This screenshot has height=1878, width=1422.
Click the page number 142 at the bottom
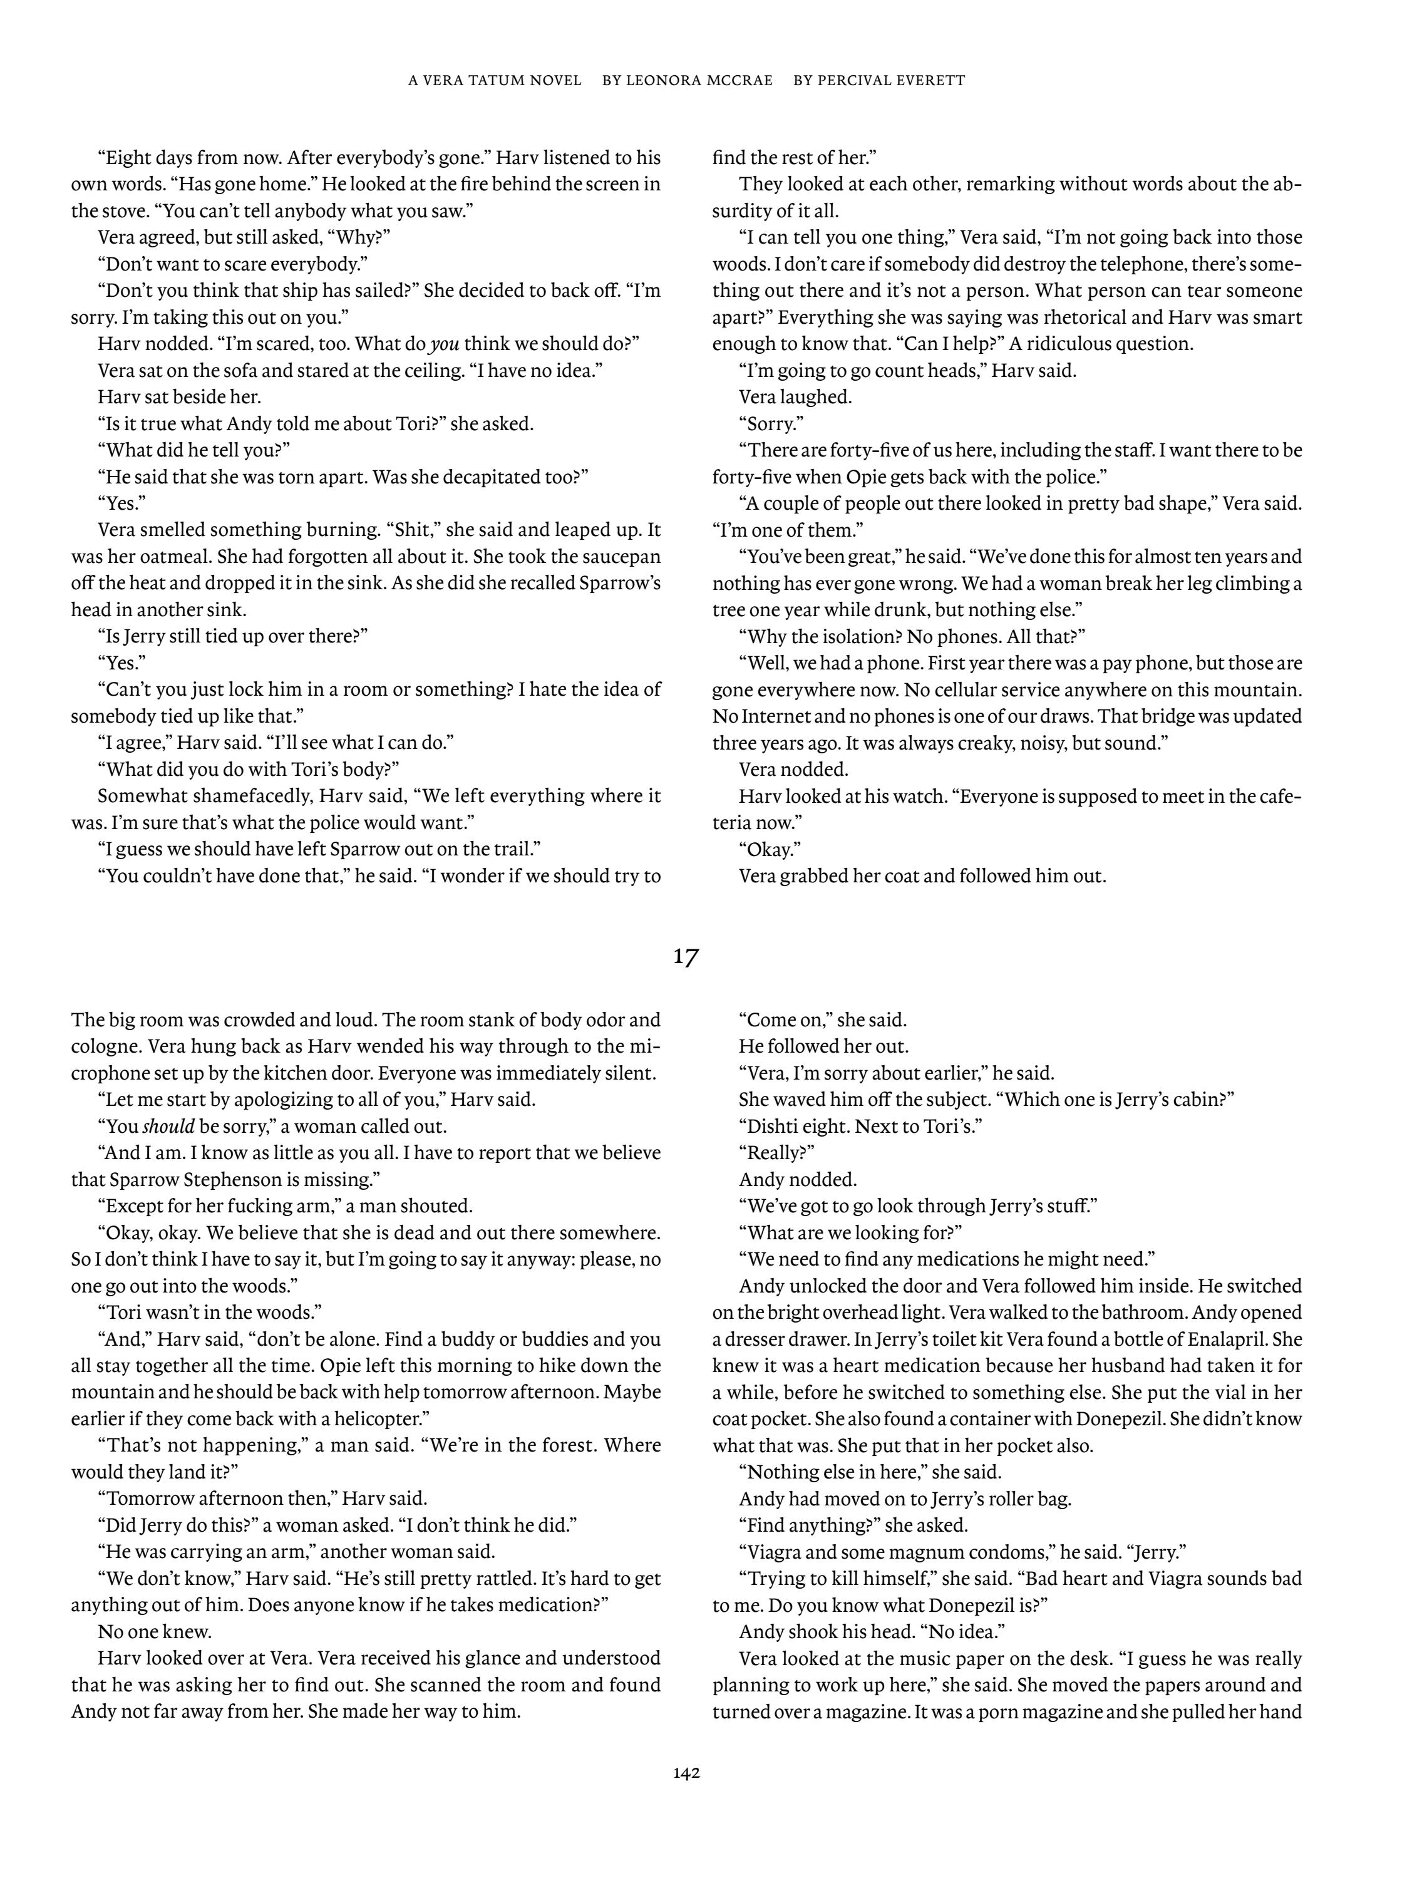coord(686,1773)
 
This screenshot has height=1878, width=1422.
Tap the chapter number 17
coord(686,957)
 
